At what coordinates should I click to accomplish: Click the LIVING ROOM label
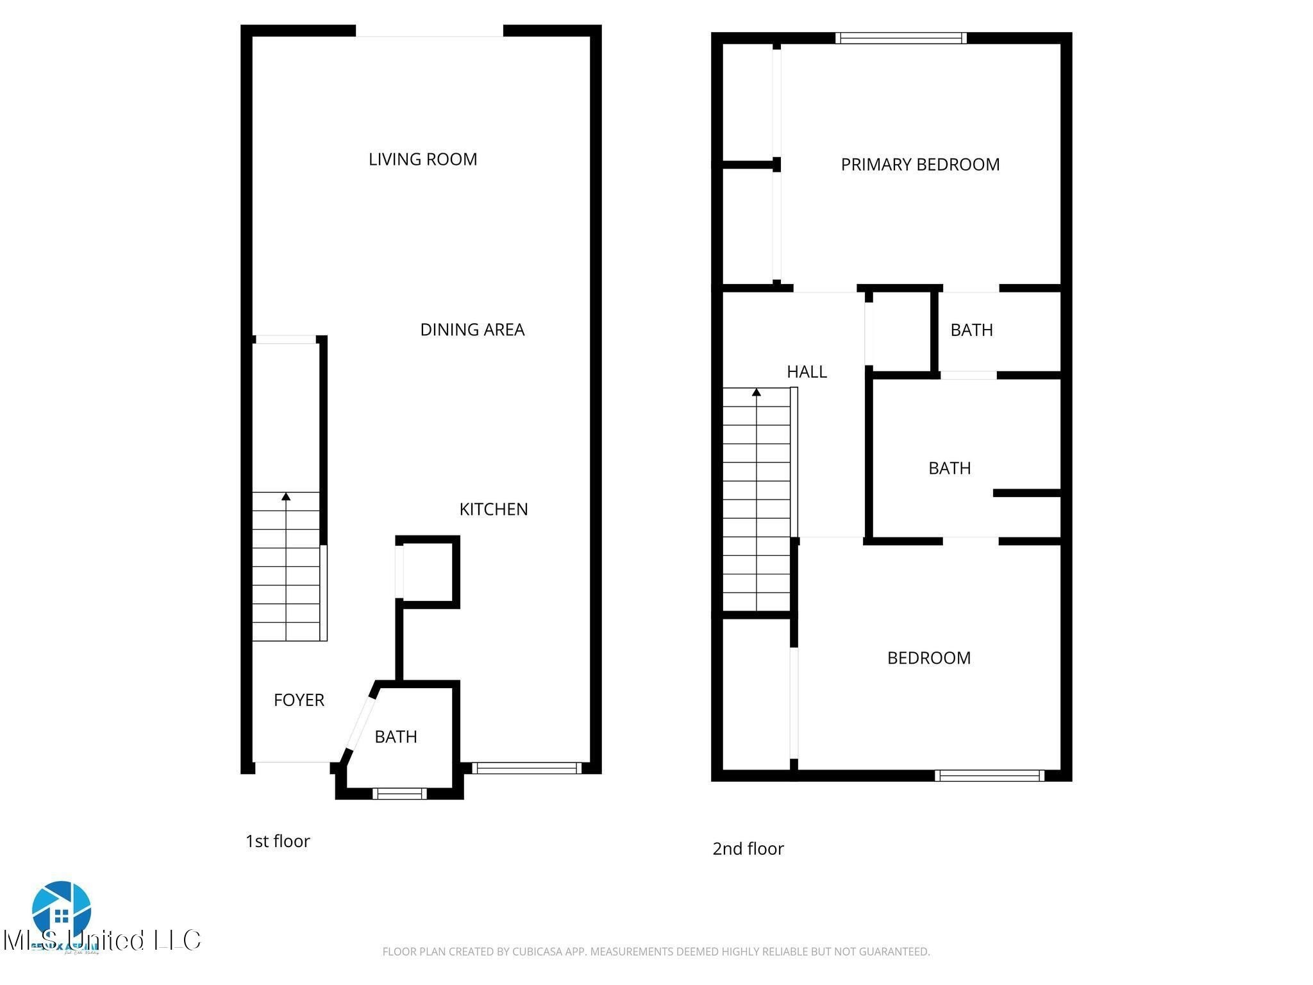pos(422,159)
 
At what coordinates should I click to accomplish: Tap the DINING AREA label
pos(472,330)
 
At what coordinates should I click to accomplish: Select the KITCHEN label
pos(493,509)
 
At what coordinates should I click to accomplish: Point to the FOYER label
pos(299,700)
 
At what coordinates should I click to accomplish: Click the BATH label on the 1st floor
pos(396,737)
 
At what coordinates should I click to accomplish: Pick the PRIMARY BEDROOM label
pos(920,165)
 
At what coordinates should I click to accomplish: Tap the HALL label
pos(807,371)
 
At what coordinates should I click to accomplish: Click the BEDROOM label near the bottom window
pos(928,658)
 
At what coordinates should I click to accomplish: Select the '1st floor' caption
pos(278,841)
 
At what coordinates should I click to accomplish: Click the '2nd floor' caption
pos(748,849)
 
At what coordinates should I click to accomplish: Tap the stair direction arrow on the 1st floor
pos(286,496)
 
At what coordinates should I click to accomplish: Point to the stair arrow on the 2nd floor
pos(757,392)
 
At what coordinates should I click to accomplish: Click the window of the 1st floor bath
pos(399,794)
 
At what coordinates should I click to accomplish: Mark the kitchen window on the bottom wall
pos(526,768)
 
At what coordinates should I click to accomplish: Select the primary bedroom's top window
pos(901,38)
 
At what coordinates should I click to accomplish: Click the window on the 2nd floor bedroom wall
pos(989,776)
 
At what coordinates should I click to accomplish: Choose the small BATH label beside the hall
pos(971,330)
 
